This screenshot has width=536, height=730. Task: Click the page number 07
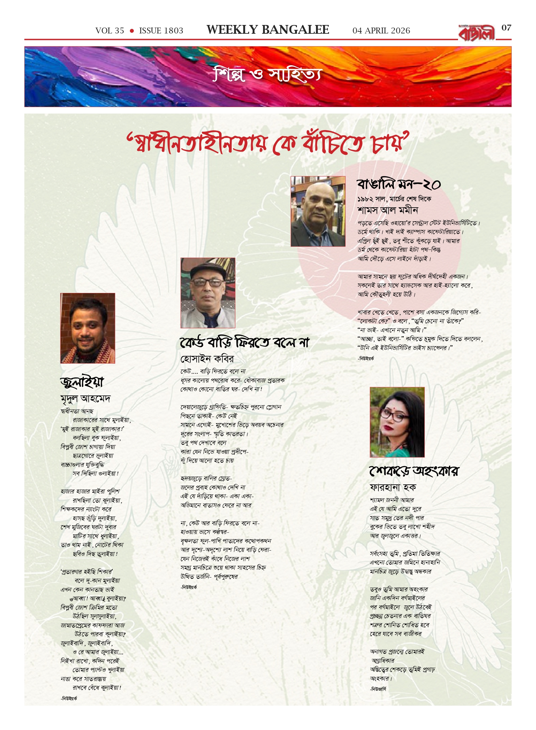pos(506,28)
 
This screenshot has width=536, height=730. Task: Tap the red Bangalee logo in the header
pos(477,33)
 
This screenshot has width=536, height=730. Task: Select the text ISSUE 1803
pos(161,31)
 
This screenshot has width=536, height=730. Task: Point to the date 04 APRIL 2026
pos(381,31)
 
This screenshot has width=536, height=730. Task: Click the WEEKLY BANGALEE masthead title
pos(268,30)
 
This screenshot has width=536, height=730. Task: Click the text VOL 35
pos(110,31)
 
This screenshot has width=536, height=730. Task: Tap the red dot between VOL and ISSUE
pos(132,31)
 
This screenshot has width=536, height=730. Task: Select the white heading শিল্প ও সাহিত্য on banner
pos(267,75)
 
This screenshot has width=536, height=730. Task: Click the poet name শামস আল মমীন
pos(388,210)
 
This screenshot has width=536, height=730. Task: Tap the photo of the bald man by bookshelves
pos(318,211)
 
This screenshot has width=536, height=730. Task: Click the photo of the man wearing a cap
pos(208,293)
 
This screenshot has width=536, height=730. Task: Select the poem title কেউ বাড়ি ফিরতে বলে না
pos(245,342)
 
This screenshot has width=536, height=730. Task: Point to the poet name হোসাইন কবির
pos(207,359)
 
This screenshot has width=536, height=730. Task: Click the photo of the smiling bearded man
pos(88,328)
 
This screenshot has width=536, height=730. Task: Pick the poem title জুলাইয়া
pos(82,382)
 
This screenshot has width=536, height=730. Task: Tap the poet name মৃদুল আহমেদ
pos(85,398)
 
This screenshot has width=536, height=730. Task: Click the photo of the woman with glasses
pos(397,422)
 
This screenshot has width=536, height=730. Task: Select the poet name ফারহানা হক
pos(393,487)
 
